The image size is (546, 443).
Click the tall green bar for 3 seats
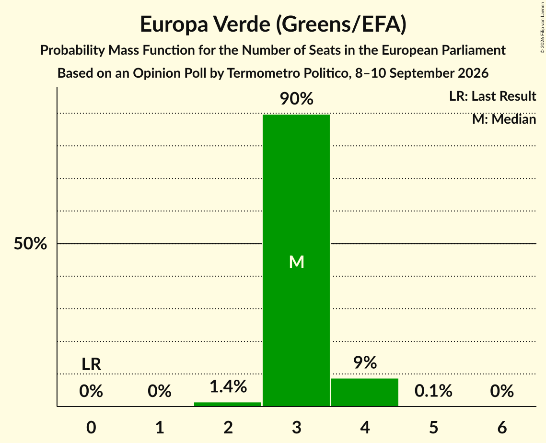point(296,260)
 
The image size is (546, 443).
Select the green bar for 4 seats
point(365,392)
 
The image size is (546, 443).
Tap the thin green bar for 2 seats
point(228,404)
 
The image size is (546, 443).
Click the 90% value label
point(296,99)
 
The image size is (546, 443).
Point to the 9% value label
point(365,362)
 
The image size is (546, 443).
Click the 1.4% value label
point(228,386)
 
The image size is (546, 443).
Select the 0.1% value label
point(433,391)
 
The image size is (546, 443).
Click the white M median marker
point(297,262)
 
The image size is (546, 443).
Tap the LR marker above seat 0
point(91,364)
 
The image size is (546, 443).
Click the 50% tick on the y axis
point(30,244)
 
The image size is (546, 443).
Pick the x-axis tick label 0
point(91,427)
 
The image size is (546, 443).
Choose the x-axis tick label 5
point(433,427)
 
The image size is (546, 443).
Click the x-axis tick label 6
point(502,427)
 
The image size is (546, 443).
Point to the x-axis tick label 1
point(160,427)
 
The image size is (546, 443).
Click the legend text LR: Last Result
point(492,96)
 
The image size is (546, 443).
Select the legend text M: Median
point(504,119)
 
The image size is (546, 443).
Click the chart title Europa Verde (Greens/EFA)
point(273,24)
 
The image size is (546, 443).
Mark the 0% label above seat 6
point(502,391)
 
